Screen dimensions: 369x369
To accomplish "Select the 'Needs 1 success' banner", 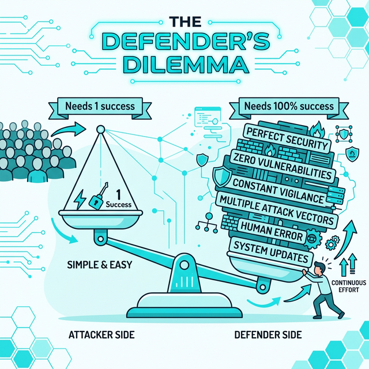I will pos(100,106).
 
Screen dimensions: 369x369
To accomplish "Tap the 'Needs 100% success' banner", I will pos(289,106).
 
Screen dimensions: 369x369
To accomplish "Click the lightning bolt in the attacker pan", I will pos(80,199).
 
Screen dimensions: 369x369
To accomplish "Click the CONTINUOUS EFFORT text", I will pos(347,285).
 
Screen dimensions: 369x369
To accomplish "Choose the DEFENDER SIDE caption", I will pos(268,334).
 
